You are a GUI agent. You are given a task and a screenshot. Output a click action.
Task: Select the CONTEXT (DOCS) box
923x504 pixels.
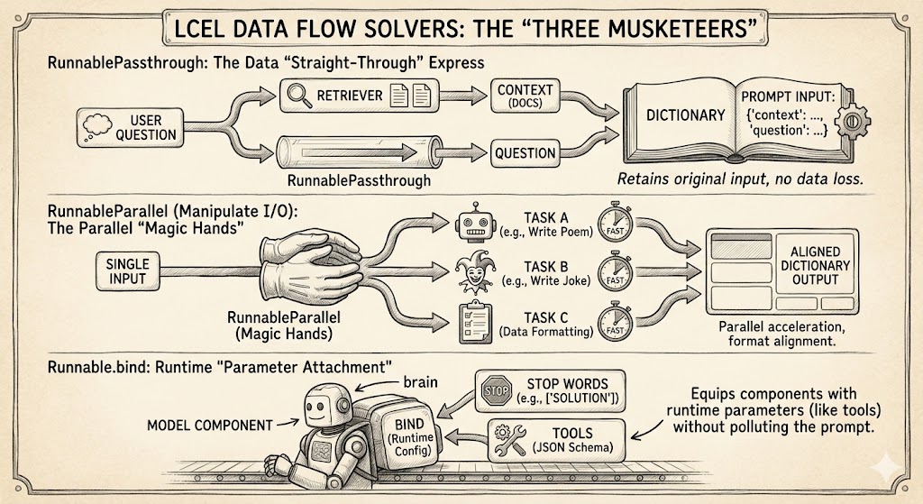tap(524, 95)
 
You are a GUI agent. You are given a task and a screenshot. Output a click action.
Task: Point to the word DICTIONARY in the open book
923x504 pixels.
tap(686, 115)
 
